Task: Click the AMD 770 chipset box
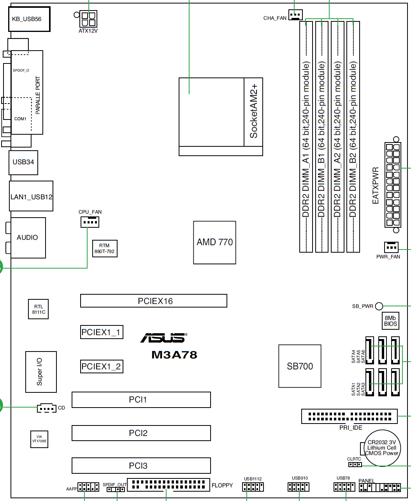click(x=214, y=242)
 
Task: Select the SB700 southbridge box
click(x=300, y=366)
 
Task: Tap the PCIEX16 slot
click(x=153, y=301)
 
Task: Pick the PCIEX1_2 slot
click(x=102, y=367)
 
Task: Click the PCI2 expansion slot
click(x=141, y=433)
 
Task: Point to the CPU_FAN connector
click(x=90, y=222)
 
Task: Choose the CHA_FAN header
click(x=295, y=15)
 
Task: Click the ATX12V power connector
click(x=88, y=19)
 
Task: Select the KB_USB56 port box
click(x=29, y=19)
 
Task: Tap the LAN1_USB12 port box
click(x=31, y=196)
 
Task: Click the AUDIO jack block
click(x=28, y=237)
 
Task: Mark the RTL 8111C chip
click(x=38, y=309)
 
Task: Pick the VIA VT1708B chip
click(x=39, y=439)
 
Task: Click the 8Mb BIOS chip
click(x=390, y=321)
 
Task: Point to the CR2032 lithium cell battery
click(x=382, y=448)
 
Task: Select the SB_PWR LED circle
click(x=379, y=306)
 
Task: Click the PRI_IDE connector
click(x=350, y=416)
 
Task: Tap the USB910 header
click(x=299, y=487)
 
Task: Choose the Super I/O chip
click(x=41, y=372)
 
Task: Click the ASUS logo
click(x=164, y=338)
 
